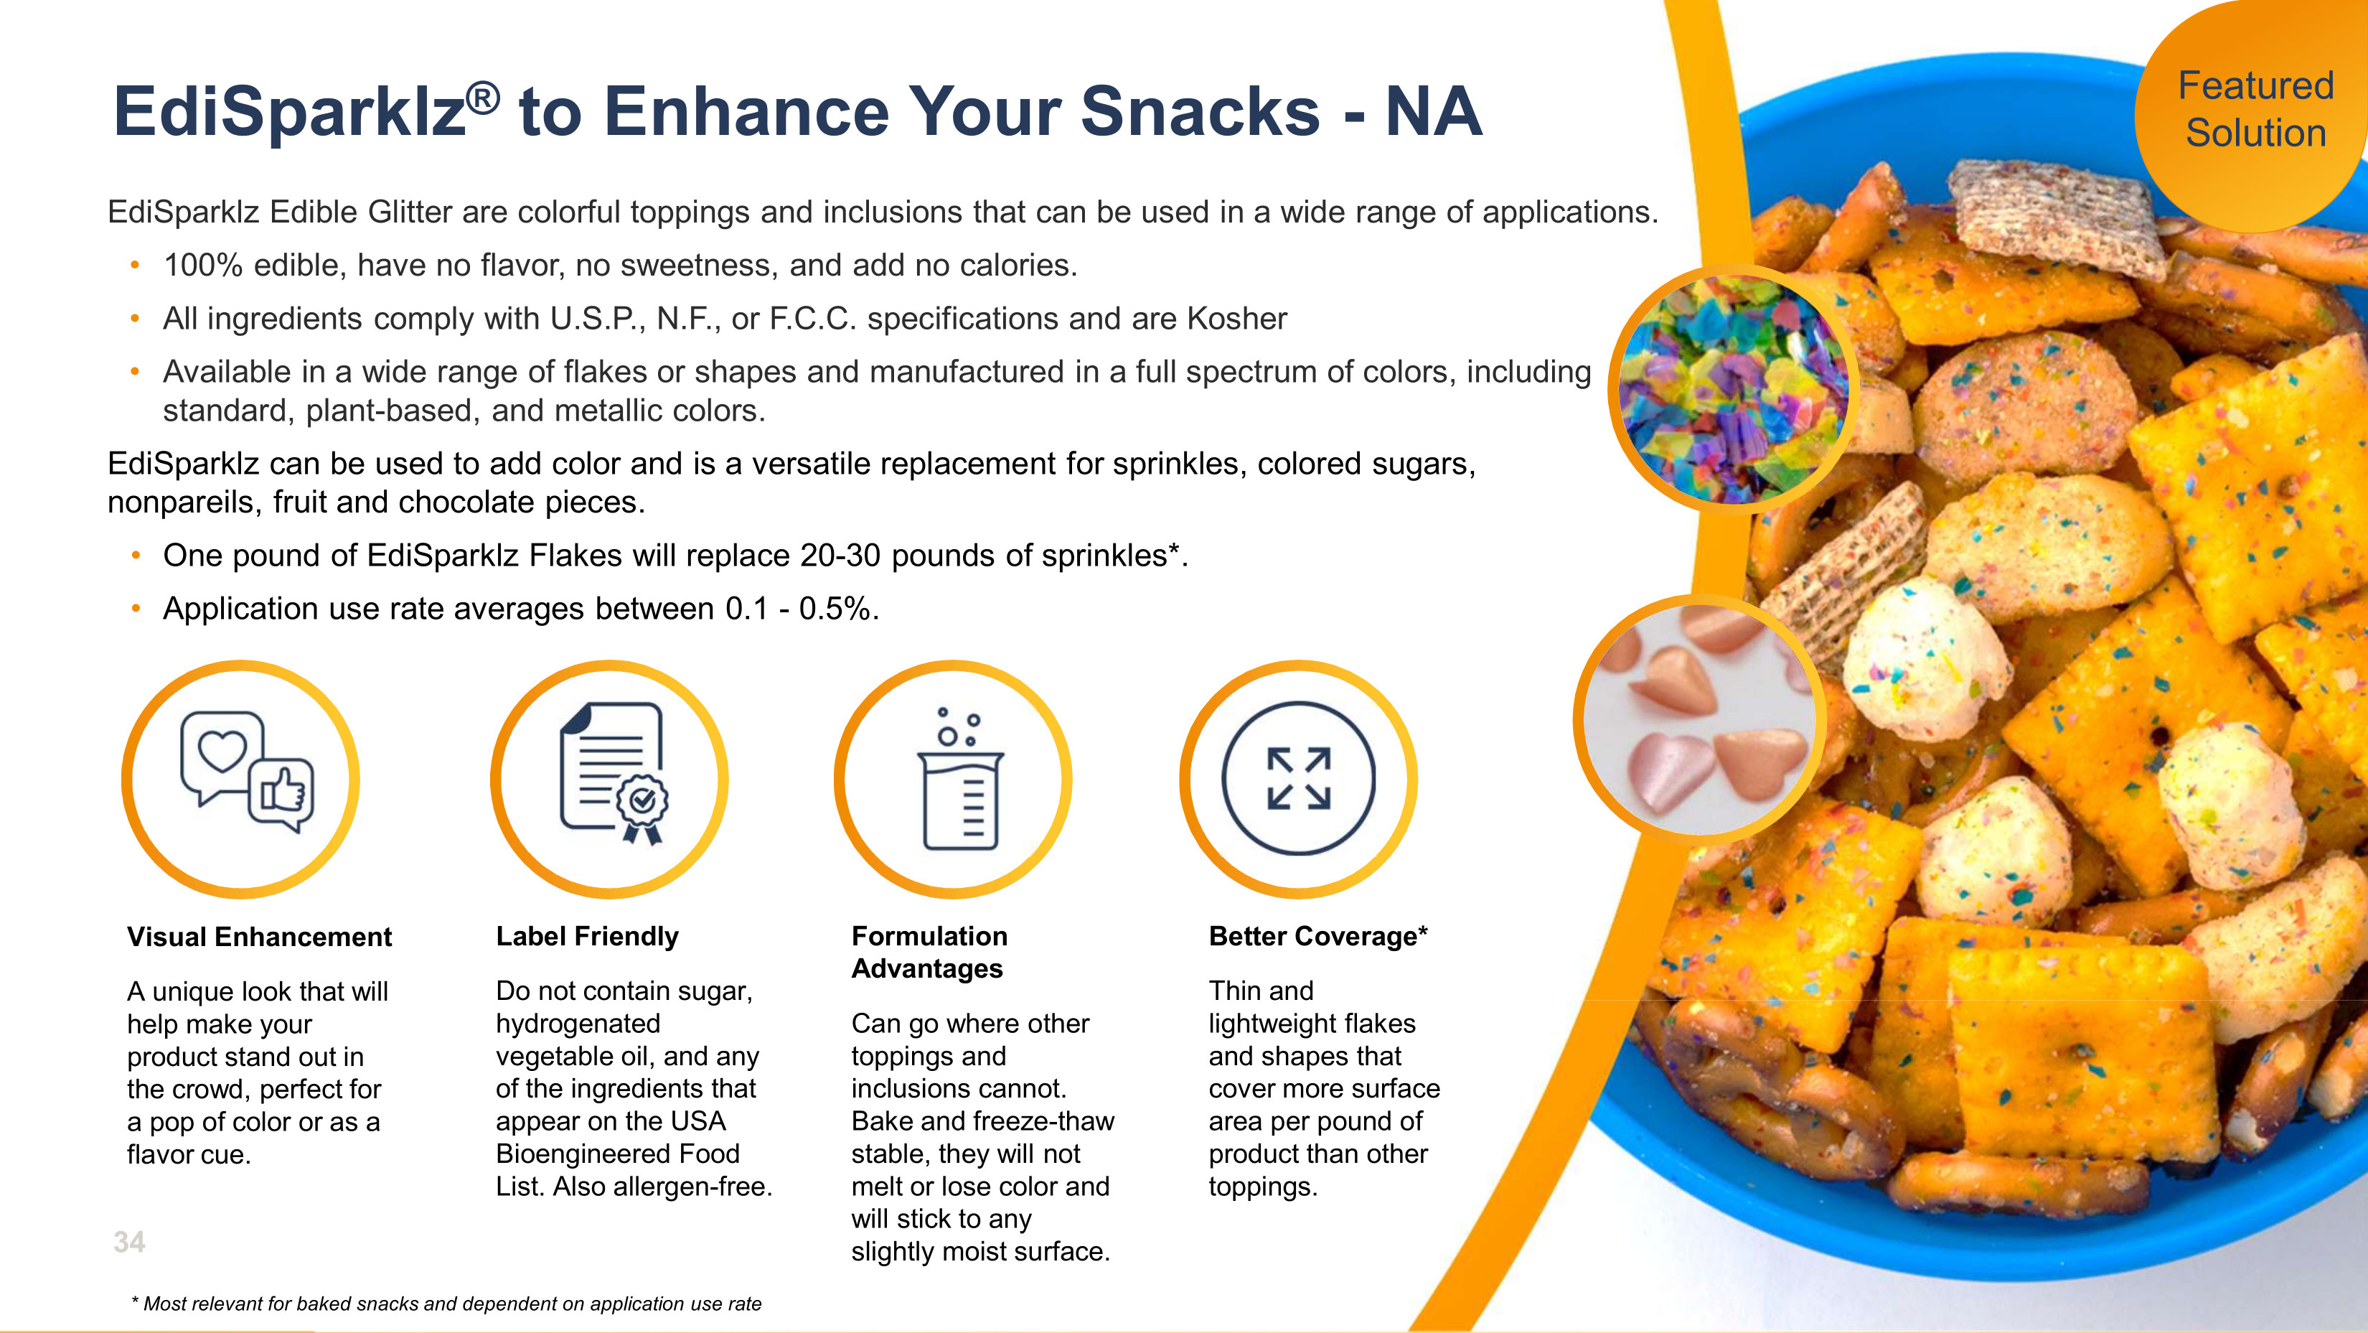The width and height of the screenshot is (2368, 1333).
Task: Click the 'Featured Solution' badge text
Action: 2256,109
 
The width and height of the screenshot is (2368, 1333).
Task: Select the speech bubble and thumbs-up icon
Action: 246,771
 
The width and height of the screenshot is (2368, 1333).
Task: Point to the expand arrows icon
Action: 1298,779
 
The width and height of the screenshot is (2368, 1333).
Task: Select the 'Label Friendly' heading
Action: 588,936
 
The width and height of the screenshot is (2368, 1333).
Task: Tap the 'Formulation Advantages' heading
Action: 929,953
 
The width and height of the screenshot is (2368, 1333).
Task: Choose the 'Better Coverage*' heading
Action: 1318,936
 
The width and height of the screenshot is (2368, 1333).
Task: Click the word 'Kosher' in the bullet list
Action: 1236,318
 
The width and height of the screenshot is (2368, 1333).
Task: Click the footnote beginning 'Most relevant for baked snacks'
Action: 447,1304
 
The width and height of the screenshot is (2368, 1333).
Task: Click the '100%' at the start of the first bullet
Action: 203,265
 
